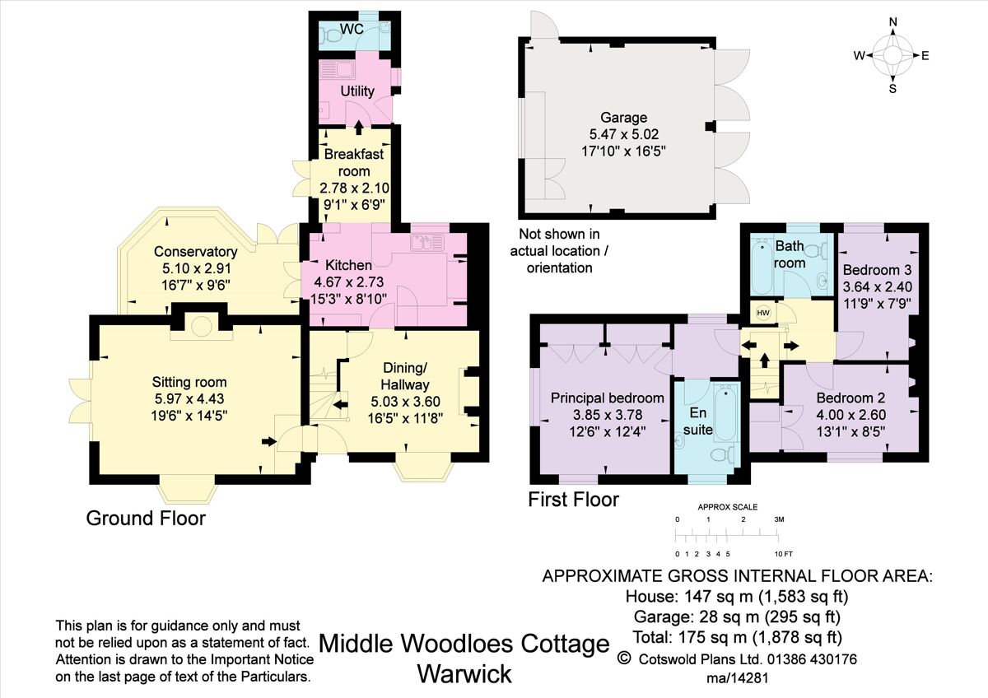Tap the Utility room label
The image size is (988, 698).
pyautogui.click(x=357, y=91)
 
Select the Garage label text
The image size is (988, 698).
pyautogui.click(x=624, y=118)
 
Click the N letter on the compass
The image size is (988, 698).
pyautogui.click(x=893, y=22)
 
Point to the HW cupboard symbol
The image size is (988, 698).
pyautogui.click(x=762, y=313)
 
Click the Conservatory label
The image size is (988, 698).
pyautogui.click(x=195, y=252)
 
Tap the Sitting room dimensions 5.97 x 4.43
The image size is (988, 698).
pyautogui.click(x=189, y=399)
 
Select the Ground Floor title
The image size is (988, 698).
pyautogui.click(x=146, y=518)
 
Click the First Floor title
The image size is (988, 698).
pyautogui.click(x=573, y=499)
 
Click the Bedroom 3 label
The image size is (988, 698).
pyautogui.click(x=877, y=270)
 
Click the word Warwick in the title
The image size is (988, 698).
pyautogui.click(x=464, y=673)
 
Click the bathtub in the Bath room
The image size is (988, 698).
pyautogui.click(x=762, y=265)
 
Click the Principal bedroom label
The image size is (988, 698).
pyautogui.click(x=607, y=398)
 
